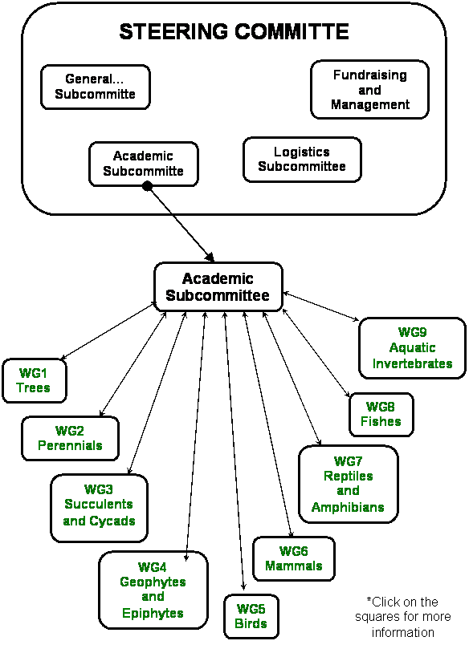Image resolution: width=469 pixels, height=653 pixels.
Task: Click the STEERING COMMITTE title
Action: pyautogui.click(x=234, y=31)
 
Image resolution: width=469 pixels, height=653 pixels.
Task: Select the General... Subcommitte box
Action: pyautogui.click(x=95, y=87)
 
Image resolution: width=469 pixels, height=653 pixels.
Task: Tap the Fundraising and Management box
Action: pyautogui.click(x=369, y=90)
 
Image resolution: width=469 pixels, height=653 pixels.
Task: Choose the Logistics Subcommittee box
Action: pyautogui.click(x=302, y=160)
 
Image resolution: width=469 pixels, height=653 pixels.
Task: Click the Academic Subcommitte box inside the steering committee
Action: pyautogui.click(x=144, y=164)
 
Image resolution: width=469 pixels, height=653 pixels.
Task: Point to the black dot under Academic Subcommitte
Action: pyautogui.click(x=147, y=187)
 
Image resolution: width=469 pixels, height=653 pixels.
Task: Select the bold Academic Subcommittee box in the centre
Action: pyautogui.click(x=218, y=286)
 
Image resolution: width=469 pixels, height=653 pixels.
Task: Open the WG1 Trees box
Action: pyautogui.click(x=35, y=380)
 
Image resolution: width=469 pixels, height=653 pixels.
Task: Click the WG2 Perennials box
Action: pyautogui.click(x=70, y=438)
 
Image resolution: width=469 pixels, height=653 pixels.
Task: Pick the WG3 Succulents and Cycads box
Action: pyautogui.click(x=100, y=508)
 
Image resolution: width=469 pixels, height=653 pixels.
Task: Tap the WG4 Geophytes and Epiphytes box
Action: pyautogui.click(x=153, y=590)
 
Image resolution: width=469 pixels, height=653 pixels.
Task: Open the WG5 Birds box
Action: pyautogui.click(x=251, y=616)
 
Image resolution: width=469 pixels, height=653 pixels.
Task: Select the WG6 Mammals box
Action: pyautogui.click(x=294, y=558)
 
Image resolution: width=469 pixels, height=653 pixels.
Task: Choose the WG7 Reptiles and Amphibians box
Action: pyautogui.click(x=348, y=484)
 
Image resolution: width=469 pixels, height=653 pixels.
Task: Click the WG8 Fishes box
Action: pyautogui.click(x=381, y=415)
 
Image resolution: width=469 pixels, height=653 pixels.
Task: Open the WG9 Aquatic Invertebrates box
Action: pyautogui.click(x=412, y=348)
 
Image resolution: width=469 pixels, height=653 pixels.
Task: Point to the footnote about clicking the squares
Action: pyautogui.click(x=403, y=617)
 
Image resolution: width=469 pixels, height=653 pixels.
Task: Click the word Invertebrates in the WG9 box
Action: pyautogui.click(x=412, y=363)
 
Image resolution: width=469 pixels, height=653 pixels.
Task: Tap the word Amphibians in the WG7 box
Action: pyautogui.click(x=348, y=507)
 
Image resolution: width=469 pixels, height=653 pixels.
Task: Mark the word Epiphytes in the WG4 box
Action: pyautogui.click(x=153, y=613)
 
